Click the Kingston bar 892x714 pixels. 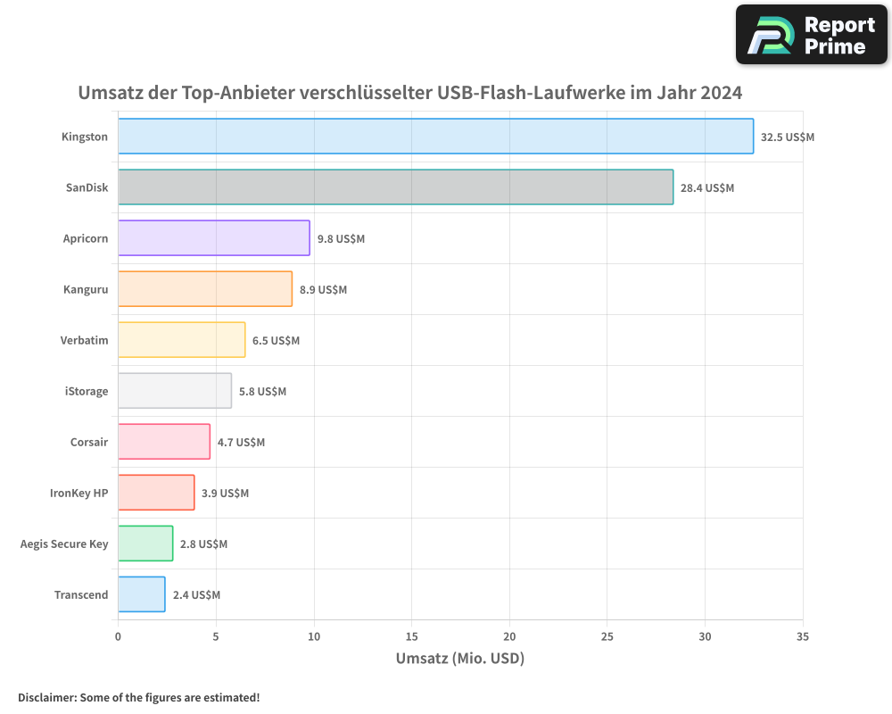tap(435, 137)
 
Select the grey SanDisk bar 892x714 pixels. tap(395, 187)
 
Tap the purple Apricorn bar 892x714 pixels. tap(214, 238)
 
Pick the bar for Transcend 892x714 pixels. tap(141, 594)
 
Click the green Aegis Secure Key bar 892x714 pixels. tap(145, 544)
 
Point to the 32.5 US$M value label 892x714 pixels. tap(787, 137)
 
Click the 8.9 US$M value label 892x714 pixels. tap(323, 290)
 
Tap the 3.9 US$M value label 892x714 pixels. tap(225, 494)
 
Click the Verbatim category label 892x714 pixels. tap(84, 340)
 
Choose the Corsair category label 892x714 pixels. tap(88, 442)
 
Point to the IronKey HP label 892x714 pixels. tap(78, 493)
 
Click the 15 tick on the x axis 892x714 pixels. tap(411, 636)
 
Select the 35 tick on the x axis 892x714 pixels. tap(802, 636)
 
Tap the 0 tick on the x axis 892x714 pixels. tap(118, 636)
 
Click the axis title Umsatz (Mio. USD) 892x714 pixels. tap(459, 659)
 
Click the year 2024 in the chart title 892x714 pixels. tap(721, 93)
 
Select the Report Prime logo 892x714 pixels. tap(811, 35)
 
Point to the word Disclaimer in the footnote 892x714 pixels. tap(46, 697)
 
